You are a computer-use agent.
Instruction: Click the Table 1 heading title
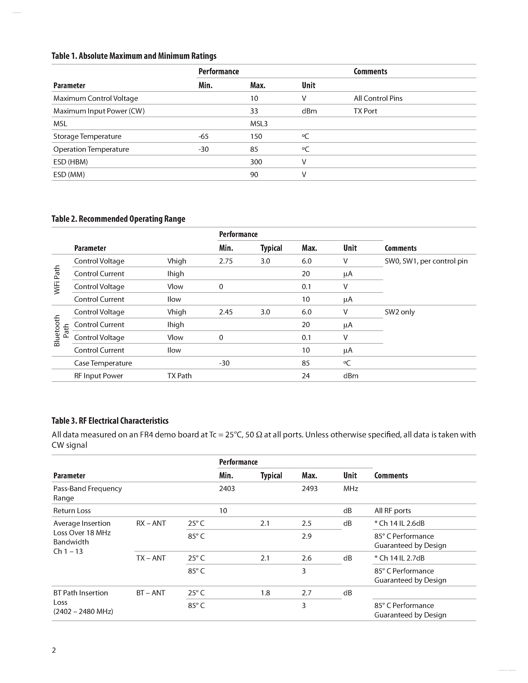134,56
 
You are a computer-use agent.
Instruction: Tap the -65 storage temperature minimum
203,136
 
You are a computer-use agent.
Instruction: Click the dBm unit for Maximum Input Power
309,111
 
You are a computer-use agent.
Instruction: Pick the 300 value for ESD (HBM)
256,162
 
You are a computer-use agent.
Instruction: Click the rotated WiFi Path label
57,280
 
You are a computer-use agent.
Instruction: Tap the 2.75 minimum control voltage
226,261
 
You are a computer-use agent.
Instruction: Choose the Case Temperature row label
103,363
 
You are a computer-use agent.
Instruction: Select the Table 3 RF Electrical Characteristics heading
110,421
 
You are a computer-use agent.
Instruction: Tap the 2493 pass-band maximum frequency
309,489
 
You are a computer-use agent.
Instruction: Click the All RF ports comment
392,511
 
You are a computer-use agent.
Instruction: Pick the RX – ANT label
151,523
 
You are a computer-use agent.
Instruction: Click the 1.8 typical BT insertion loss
265,593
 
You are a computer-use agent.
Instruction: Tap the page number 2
54,650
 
